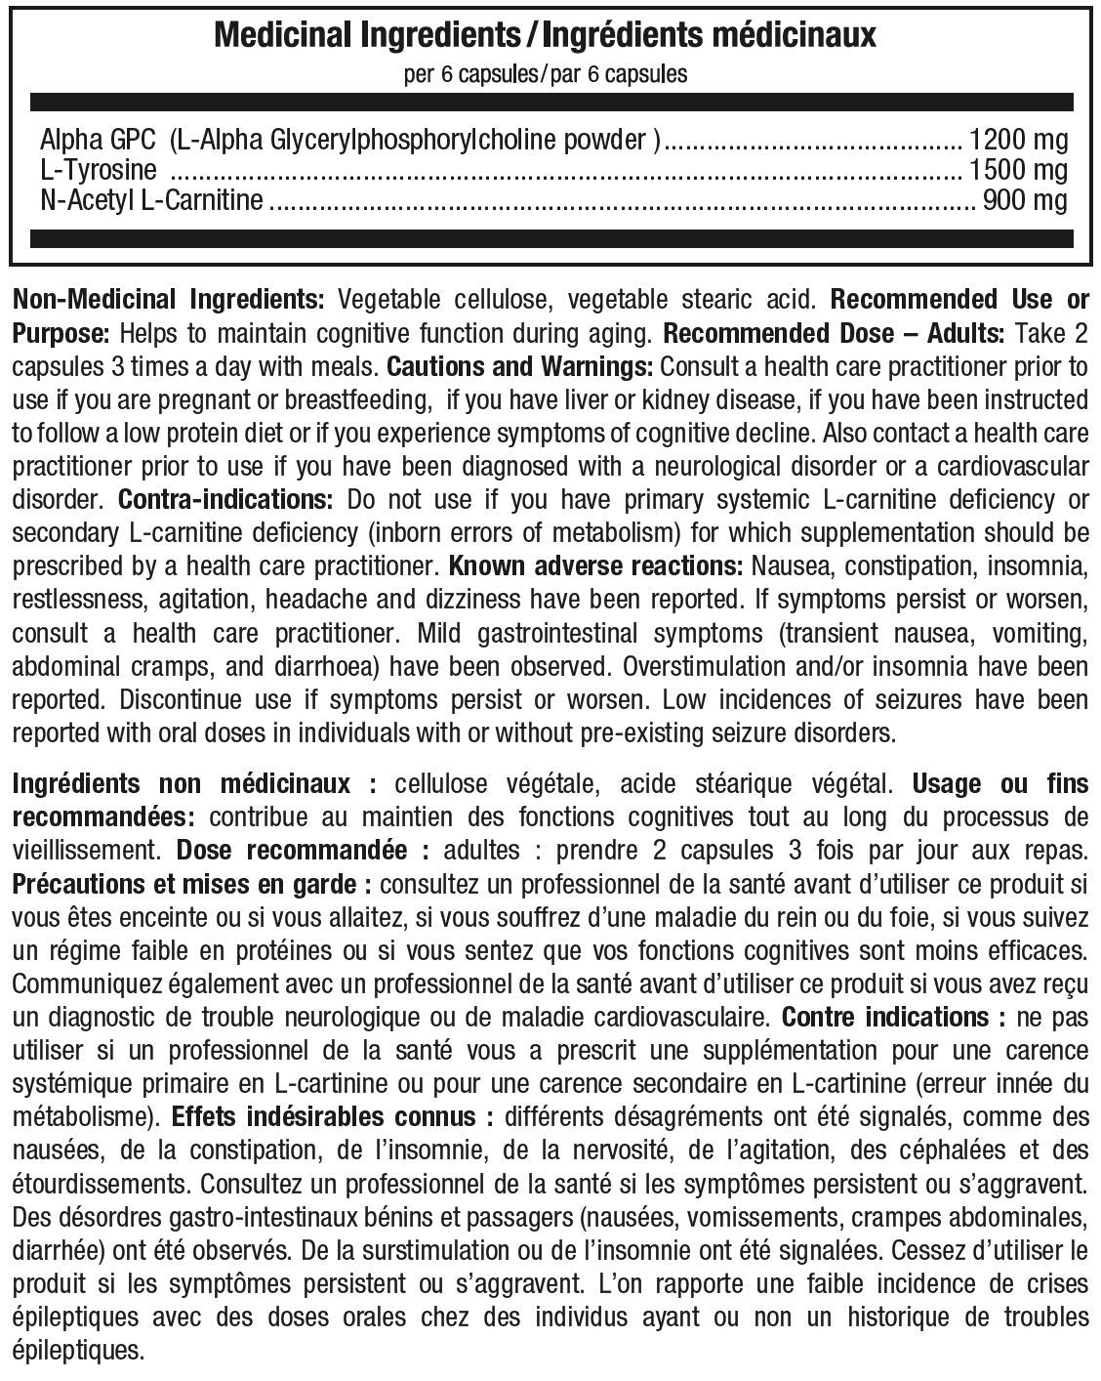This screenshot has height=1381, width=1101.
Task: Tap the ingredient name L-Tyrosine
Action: click(x=99, y=170)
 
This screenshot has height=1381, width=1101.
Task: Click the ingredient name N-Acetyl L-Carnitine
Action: click(x=151, y=201)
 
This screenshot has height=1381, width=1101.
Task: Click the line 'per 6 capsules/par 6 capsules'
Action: click(x=546, y=74)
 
